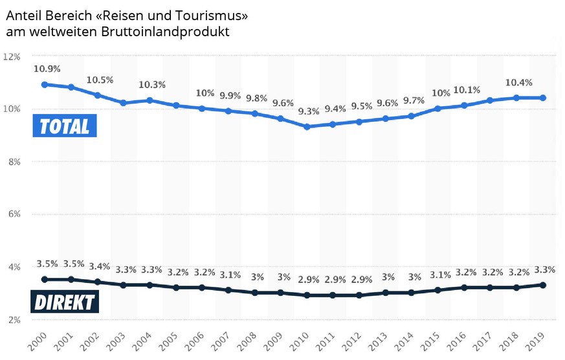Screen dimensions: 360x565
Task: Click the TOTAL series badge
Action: (x=65, y=126)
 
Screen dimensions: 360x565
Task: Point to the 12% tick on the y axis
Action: (x=12, y=56)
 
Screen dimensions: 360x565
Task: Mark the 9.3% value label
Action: (x=309, y=111)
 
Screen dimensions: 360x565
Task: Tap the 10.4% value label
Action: (x=518, y=82)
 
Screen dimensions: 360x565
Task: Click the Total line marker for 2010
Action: (x=307, y=127)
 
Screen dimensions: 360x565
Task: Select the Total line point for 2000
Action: (x=45, y=84)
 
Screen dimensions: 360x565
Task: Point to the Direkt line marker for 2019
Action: (x=543, y=285)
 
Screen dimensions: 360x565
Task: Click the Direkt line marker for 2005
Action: (x=175, y=287)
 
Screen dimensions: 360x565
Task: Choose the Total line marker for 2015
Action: (x=438, y=108)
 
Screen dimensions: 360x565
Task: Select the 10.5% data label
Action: (x=100, y=80)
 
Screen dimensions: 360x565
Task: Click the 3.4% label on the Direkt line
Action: (x=100, y=266)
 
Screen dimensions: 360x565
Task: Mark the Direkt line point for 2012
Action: (x=359, y=295)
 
